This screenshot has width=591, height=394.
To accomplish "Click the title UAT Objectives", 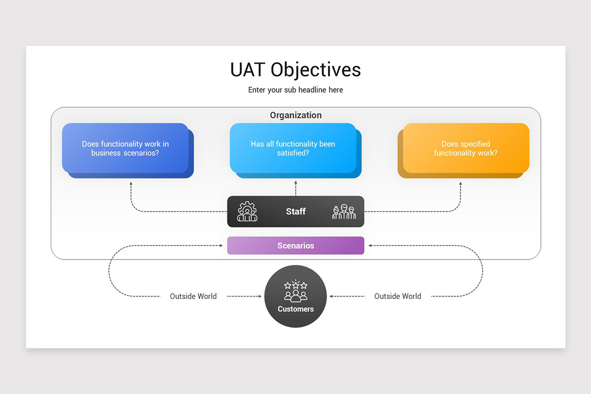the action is (x=295, y=70).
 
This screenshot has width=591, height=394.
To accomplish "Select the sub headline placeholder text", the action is (x=295, y=90).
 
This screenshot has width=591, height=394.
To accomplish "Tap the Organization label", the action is (x=296, y=115).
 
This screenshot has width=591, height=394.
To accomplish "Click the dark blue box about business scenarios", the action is (x=128, y=150).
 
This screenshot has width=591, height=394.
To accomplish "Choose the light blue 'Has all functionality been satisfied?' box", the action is (x=295, y=150).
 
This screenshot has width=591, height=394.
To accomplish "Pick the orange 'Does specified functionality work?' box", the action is (x=463, y=150).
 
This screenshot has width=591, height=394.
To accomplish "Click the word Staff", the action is (x=296, y=211).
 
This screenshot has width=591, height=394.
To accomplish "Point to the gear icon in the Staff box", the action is (x=247, y=211).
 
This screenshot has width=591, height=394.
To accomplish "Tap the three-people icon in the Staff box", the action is (x=344, y=212).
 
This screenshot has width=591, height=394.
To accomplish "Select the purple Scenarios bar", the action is (x=295, y=245).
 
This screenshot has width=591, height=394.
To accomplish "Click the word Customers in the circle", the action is (x=295, y=309).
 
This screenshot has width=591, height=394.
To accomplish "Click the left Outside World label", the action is (x=193, y=296).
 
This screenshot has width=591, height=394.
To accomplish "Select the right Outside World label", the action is (x=397, y=296).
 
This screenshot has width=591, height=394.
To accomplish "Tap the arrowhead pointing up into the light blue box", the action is (x=296, y=182).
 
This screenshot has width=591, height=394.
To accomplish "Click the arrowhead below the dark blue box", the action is (x=131, y=183).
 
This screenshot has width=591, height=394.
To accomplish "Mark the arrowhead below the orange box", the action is (x=460, y=183).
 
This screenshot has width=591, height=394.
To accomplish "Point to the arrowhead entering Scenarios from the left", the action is (x=221, y=245).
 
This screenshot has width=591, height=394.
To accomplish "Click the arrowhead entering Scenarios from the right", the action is (x=370, y=245).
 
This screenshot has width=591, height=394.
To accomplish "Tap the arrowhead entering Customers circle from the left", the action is (x=260, y=296).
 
